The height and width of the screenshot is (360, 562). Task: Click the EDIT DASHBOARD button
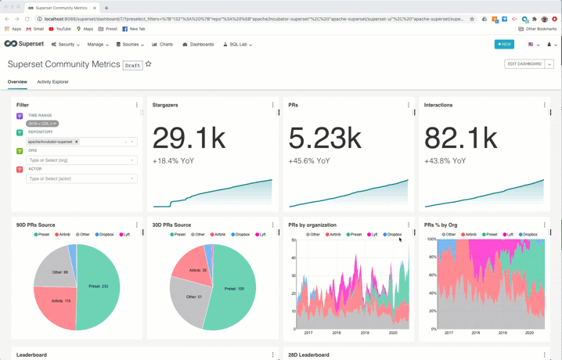click(x=524, y=64)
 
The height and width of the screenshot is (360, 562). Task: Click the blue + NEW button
click(x=504, y=45)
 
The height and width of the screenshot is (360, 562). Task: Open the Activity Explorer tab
click(x=52, y=81)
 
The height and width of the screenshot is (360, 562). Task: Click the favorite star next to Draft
click(x=148, y=65)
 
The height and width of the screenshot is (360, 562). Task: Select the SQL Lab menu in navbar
click(x=237, y=45)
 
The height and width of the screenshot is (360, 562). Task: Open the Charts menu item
click(x=163, y=45)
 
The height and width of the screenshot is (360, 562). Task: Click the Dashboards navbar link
click(x=198, y=45)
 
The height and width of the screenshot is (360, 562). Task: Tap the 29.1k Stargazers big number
click(x=189, y=139)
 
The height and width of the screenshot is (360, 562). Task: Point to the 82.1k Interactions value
click(x=460, y=139)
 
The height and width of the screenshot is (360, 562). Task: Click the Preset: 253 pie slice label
click(x=99, y=286)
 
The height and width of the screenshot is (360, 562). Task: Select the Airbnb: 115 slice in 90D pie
click(x=60, y=301)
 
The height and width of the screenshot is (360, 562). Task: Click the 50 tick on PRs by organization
click(x=293, y=240)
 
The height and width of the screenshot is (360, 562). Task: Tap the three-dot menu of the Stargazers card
click(x=272, y=105)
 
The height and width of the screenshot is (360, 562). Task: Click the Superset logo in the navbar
click(x=24, y=45)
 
